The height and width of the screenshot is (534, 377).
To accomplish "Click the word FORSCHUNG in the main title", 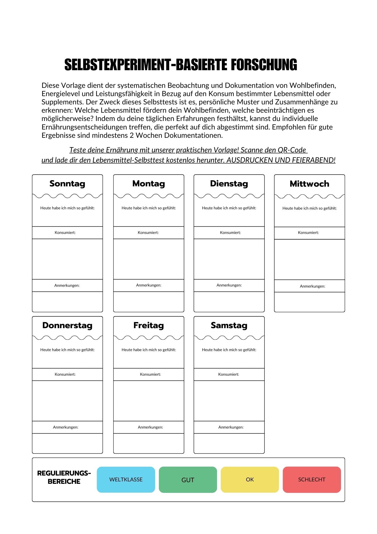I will tap(264, 65).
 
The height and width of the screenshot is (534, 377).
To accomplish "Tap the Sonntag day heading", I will tap(67, 184).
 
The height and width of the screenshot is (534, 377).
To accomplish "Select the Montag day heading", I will tap(149, 184).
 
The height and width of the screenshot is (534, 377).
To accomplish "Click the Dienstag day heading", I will tap(229, 184).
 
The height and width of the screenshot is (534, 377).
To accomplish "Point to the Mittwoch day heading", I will tap(309, 184).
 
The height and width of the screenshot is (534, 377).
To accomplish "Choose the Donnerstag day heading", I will tap(67, 325).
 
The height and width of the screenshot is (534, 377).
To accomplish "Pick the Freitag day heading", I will tap(149, 325).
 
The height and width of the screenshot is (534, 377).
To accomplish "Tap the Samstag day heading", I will tap(229, 325).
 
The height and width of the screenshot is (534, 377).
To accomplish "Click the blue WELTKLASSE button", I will tap(126, 480).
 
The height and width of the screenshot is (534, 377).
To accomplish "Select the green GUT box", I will tap(188, 480).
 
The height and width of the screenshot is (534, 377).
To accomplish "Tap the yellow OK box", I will tap(250, 480).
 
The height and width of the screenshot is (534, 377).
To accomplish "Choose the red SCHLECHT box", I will tap(312, 480).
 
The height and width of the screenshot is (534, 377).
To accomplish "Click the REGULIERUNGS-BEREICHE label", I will tap(64, 477).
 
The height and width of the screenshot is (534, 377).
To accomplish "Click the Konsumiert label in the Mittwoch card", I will tap(308, 233).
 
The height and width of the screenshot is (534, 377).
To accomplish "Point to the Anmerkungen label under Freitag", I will tap(150, 427).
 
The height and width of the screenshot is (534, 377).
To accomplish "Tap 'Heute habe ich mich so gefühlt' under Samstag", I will tap(229, 350).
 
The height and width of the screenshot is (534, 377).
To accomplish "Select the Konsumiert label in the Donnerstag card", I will tap(65, 374).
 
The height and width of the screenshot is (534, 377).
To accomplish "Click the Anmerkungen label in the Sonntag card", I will tap(67, 285).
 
